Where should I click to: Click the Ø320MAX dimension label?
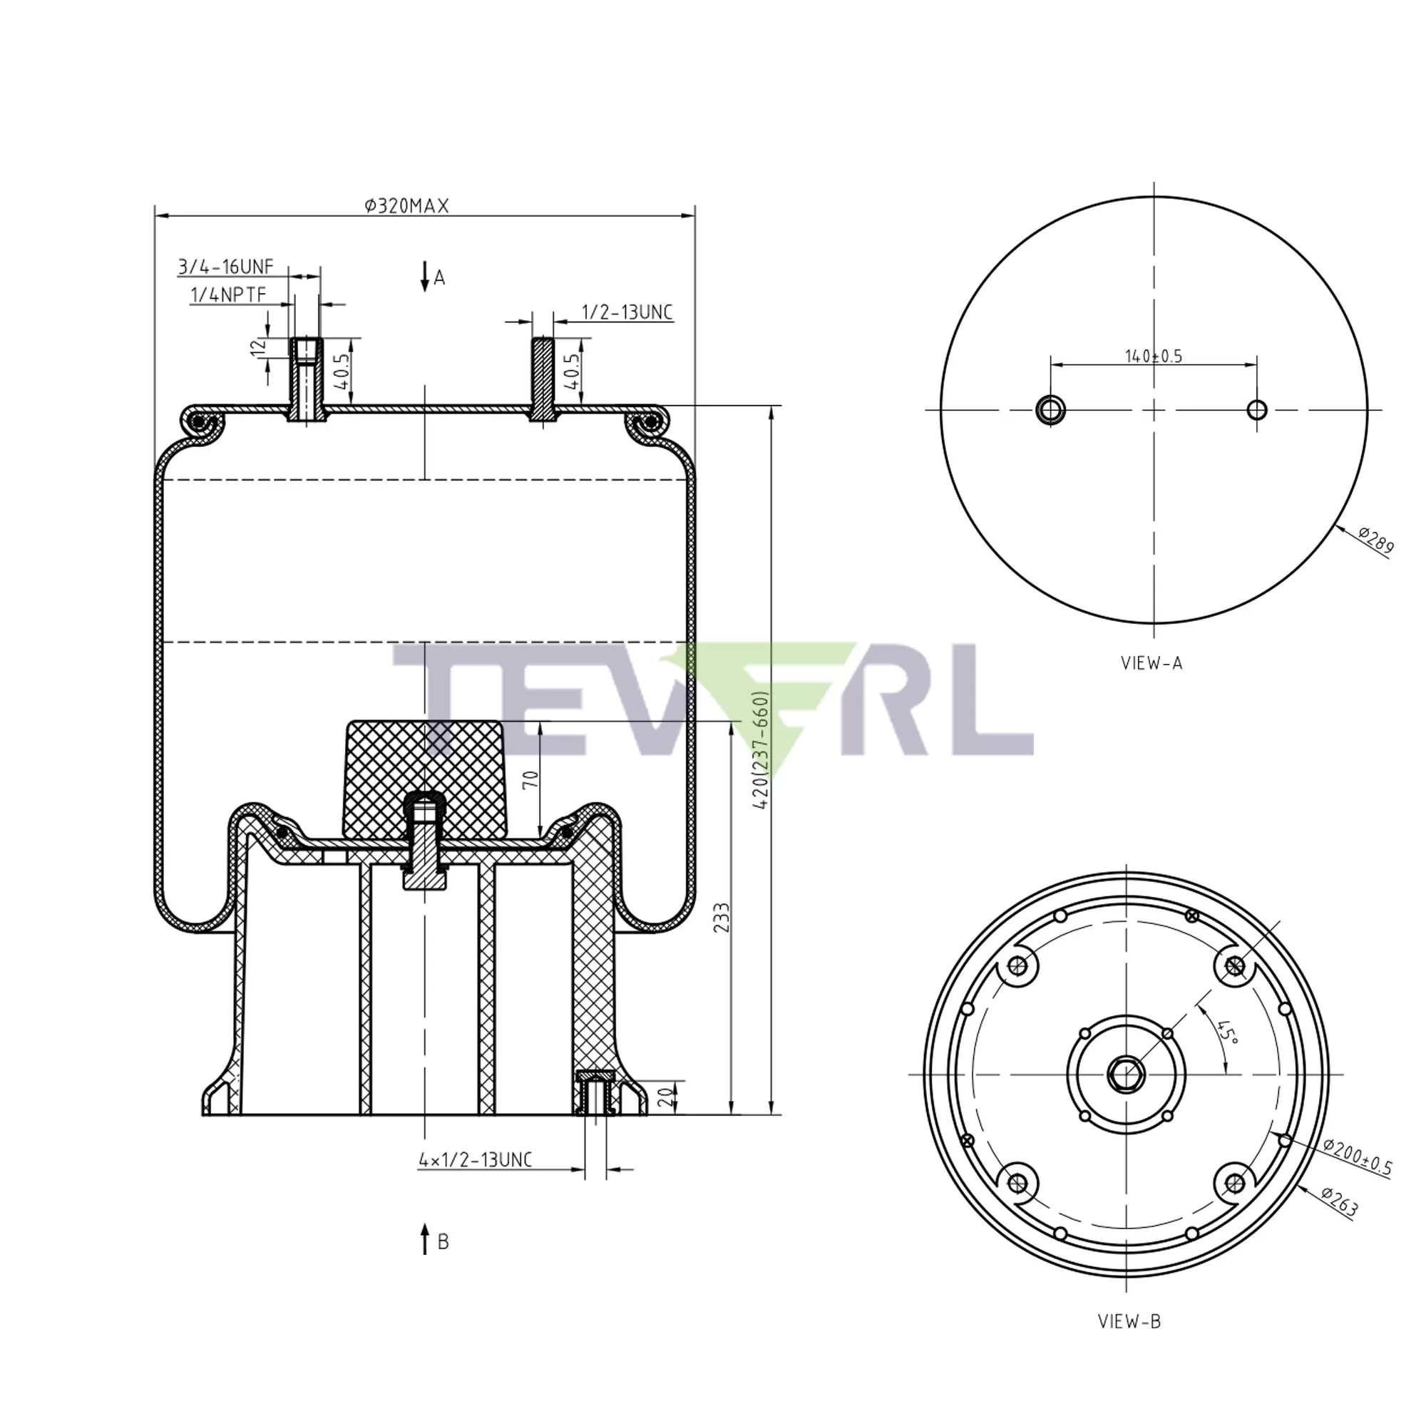(406, 206)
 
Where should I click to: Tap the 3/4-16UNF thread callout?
(226, 267)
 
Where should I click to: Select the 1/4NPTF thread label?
(228, 295)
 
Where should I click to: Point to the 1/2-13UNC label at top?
(628, 312)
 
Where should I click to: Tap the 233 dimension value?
(722, 918)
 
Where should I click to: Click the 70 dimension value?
(531, 779)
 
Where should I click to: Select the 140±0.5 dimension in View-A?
(1154, 356)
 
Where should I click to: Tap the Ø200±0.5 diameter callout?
(1358, 1157)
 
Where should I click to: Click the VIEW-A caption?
(1152, 664)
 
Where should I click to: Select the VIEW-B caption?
(1130, 1322)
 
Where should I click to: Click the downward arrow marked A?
(425, 276)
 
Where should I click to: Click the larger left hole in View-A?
(1050, 409)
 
